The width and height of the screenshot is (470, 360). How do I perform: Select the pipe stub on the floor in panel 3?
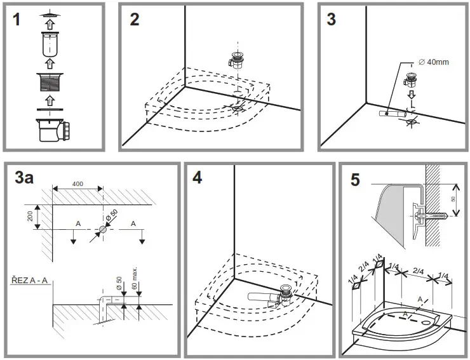pyautogui.click(x=389, y=113)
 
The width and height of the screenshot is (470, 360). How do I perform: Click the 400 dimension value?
pyautogui.click(x=77, y=184)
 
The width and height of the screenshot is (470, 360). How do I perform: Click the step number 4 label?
pyautogui.click(x=198, y=178)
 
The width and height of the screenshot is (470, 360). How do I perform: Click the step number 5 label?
pyautogui.click(x=354, y=180)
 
